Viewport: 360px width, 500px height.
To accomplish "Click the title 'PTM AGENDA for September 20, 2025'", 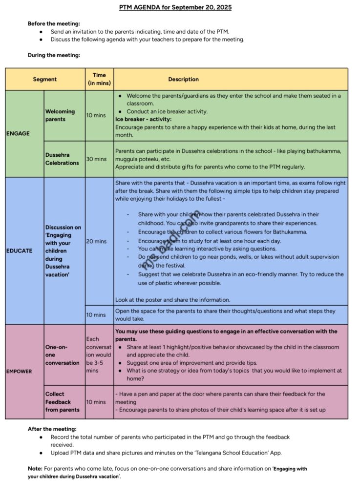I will click(x=175, y=7).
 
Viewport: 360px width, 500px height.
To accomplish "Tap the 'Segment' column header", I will click(x=45, y=79).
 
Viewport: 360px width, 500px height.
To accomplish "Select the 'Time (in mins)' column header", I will click(x=99, y=79).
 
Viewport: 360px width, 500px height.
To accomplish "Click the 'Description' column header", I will click(x=183, y=79).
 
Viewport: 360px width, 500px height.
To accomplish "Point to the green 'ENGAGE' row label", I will click(x=18, y=133).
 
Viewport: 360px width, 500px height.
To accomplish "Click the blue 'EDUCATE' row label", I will click(x=20, y=250).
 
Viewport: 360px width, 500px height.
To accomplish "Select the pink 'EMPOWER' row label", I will click(x=19, y=371).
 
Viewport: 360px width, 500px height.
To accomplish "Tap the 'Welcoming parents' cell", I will click(x=60, y=115).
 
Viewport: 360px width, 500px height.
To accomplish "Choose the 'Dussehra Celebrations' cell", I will click(x=62, y=159).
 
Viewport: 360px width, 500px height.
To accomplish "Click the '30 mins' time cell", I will click(x=96, y=159).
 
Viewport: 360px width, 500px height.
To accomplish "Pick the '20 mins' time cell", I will click(x=96, y=241).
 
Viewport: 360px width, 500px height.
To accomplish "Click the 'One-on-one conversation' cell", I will click(x=62, y=355).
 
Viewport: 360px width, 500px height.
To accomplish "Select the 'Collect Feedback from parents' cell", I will click(x=63, y=402).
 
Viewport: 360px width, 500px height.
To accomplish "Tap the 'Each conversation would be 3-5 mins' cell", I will click(x=99, y=354).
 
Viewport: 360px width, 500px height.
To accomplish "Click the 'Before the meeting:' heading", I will click(x=54, y=23).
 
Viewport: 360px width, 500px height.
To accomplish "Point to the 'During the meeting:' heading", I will click(x=54, y=55).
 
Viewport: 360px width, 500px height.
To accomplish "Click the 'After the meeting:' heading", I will click(x=52, y=429).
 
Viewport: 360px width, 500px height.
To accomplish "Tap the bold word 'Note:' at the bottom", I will click(x=35, y=468).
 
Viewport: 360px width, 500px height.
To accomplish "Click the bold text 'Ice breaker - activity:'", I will click(x=144, y=119).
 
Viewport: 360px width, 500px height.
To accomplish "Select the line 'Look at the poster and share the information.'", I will click(x=172, y=300).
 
